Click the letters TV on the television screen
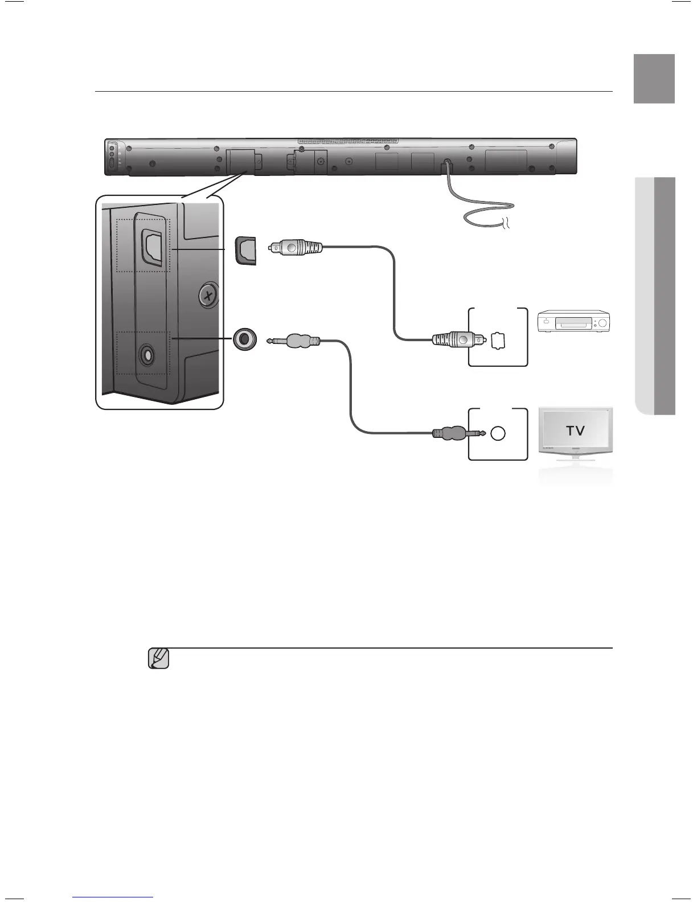(x=575, y=430)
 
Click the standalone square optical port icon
(x=246, y=251)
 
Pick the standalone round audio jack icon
(x=245, y=339)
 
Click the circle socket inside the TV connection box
(x=498, y=433)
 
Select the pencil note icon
(x=159, y=658)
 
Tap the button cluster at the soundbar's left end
(x=112, y=157)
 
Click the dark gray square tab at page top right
(x=654, y=79)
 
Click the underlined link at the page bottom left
(x=113, y=898)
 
